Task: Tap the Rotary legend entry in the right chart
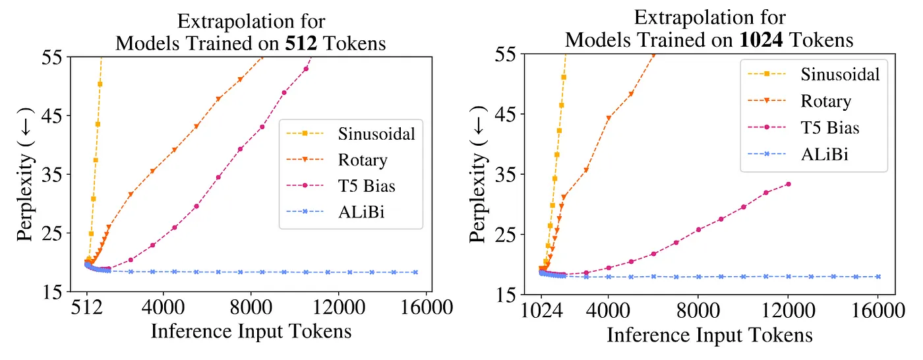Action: tap(826, 101)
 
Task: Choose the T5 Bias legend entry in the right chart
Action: tap(831, 128)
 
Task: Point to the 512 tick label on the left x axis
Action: tap(87, 308)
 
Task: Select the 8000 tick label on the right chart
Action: tap(698, 310)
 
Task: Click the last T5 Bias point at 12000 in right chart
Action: tap(789, 184)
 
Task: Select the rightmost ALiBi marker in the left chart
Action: tap(415, 272)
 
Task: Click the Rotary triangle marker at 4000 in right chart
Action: tap(608, 118)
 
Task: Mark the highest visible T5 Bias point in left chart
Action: tap(306, 69)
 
